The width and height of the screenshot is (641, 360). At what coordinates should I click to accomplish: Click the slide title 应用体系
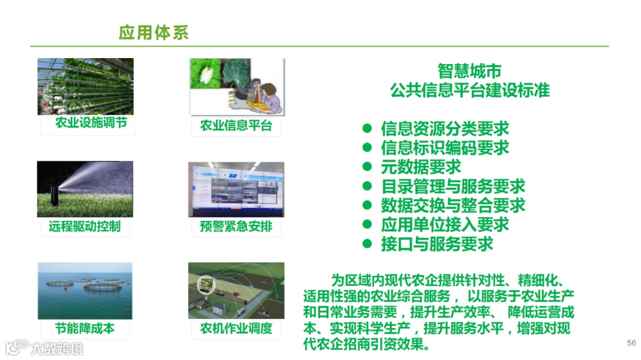coord(154,33)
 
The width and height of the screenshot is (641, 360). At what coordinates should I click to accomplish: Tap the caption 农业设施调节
coord(91,123)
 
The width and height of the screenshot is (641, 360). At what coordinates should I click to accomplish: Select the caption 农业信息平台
coord(236,126)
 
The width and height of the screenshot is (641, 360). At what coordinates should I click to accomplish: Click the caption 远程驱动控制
coord(85,226)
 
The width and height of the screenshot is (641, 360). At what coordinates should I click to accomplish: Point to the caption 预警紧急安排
coord(236,226)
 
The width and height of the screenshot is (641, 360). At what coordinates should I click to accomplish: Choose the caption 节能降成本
coord(85,328)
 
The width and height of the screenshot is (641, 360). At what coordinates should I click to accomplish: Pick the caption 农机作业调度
coord(236,328)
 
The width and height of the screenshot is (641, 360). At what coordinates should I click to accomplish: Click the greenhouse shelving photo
coord(85,86)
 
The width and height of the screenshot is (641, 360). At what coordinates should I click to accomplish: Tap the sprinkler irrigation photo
coord(85,189)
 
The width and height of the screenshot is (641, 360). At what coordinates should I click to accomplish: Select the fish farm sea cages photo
coord(85,291)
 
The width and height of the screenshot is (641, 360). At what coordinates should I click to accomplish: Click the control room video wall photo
coord(236,190)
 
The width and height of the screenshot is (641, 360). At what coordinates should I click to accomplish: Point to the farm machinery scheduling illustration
coord(236,291)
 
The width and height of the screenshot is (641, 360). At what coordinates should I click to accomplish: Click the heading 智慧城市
coord(469,71)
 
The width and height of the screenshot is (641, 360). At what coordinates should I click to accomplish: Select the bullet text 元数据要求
coord(421,167)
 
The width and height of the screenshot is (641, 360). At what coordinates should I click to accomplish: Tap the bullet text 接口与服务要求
coord(437,244)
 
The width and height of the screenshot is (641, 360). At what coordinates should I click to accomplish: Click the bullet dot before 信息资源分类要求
coord(367,128)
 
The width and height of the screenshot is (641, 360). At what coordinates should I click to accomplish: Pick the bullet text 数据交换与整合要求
coord(453,205)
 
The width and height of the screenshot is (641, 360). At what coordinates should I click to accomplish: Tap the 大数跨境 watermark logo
coord(44,348)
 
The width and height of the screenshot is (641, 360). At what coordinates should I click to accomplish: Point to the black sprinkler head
coord(54,195)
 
